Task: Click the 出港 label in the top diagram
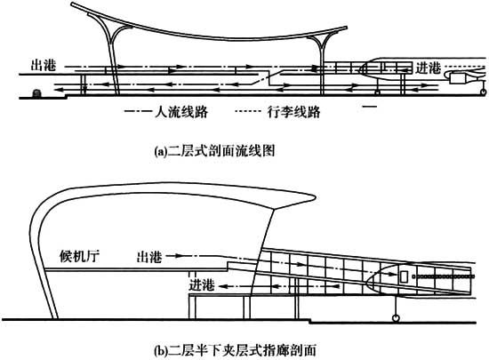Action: point(44,65)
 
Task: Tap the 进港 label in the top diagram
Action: point(429,68)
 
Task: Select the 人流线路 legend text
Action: point(181,111)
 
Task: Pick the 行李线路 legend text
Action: point(293,111)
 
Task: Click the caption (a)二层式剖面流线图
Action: point(215,151)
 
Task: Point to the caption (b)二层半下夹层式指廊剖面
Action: point(236,350)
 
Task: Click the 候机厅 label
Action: point(79,256)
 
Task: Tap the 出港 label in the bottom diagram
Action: point(149,257)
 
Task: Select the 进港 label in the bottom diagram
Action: point(202,284)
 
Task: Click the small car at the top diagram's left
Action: point(36,93)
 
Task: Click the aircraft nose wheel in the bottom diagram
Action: point(396,318)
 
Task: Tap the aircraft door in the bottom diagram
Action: point(404,276)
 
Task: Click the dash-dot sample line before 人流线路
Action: point(138,111)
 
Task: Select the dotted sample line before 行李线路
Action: point(248,111)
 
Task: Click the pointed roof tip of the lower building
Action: point(315,196)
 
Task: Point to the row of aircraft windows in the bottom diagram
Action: point(444,276)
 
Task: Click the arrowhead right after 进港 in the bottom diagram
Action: point(221,286)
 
